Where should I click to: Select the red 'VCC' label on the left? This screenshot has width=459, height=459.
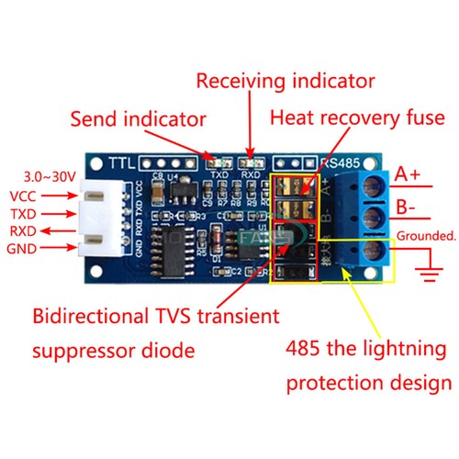(24, 196)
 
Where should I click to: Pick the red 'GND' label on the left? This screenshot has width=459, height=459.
(24, 249)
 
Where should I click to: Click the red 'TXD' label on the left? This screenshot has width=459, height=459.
(24, 213)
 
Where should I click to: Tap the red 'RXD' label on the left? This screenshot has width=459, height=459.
(24, 230)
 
